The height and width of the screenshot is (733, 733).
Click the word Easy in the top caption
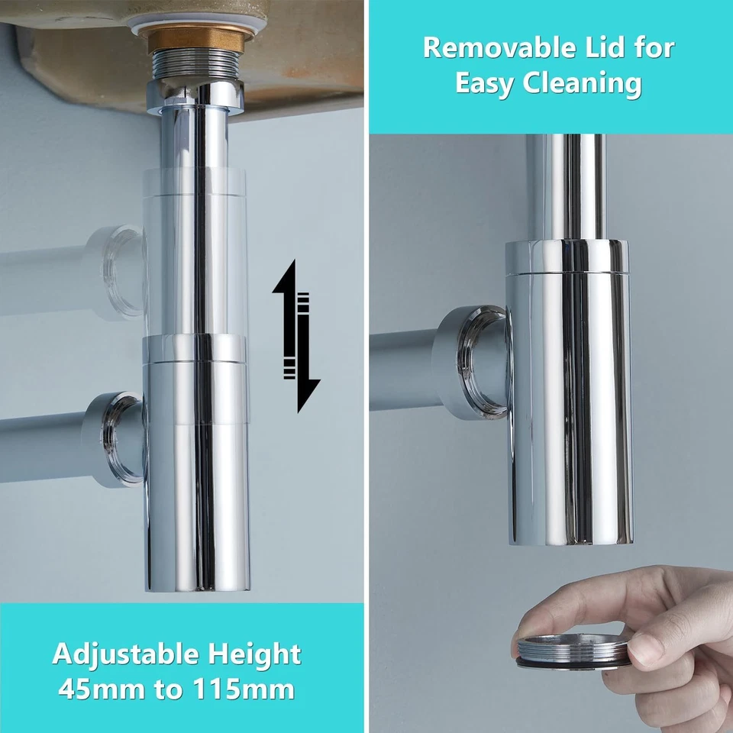(x=485, y=84)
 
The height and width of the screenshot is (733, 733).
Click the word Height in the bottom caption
(x=253, y=654)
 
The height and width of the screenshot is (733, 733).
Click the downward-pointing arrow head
(x=307, y=393)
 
